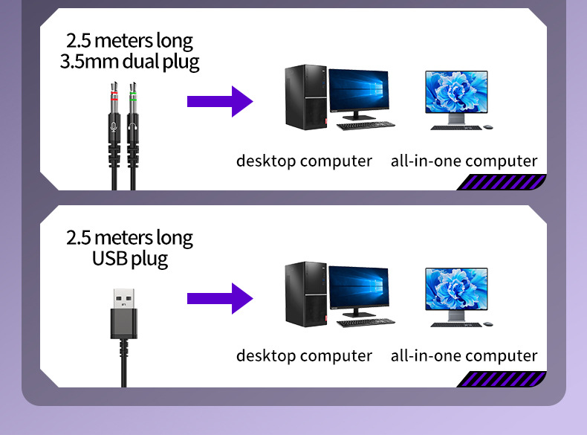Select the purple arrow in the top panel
[220, 102]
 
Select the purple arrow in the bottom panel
[220, 299]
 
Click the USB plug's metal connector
[124, 299]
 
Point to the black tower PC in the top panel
[306, 97]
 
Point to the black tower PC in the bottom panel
[306, 294]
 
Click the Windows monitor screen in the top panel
[359, 90]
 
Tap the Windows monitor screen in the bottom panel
[359, 287]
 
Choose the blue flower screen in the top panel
[456, 91]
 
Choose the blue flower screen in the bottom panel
[456, 289]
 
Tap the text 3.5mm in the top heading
[89, 62]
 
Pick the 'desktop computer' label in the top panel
[304, 161]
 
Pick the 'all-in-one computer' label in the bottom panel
[464, 355]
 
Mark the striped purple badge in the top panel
[502, 182]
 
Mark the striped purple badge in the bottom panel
[502, 378]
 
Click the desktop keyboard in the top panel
[366, 126]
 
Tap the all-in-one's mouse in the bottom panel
[488, 324]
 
